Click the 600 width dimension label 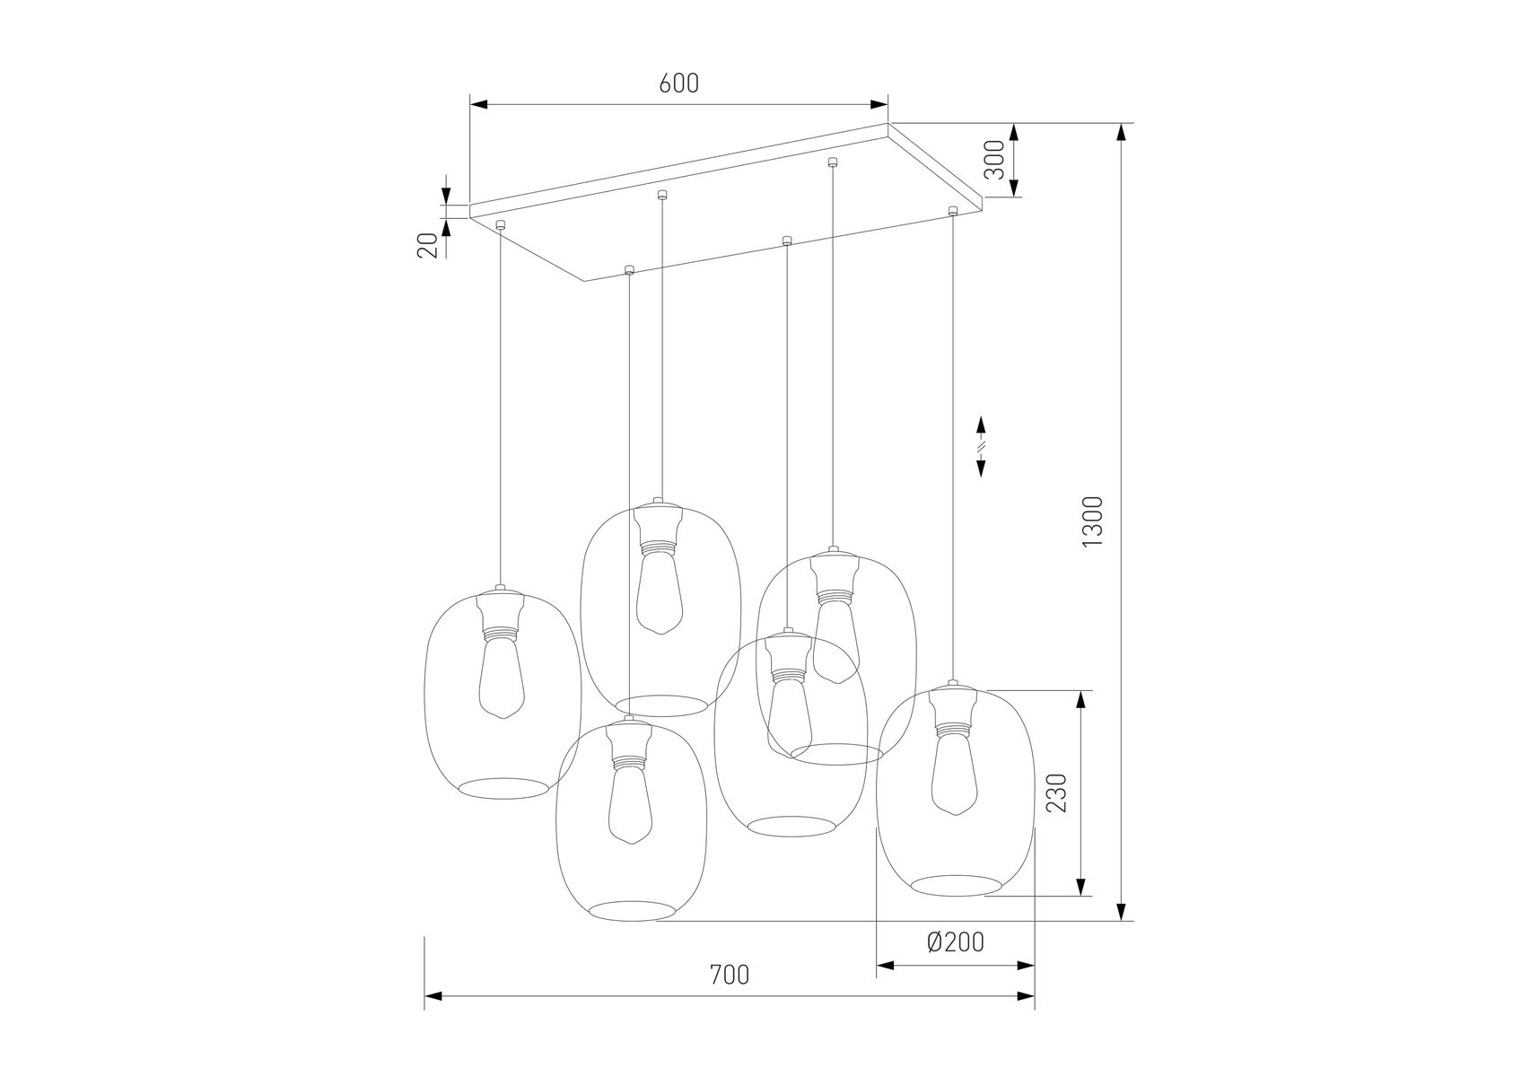(678, 83)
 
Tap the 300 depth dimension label (994, 160)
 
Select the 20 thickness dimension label (428, 244)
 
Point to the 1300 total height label (1092, 521)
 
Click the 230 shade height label (1058, 792)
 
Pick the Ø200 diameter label (955, 941)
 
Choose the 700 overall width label (729, 974)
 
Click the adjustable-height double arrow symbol (981, 446)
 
